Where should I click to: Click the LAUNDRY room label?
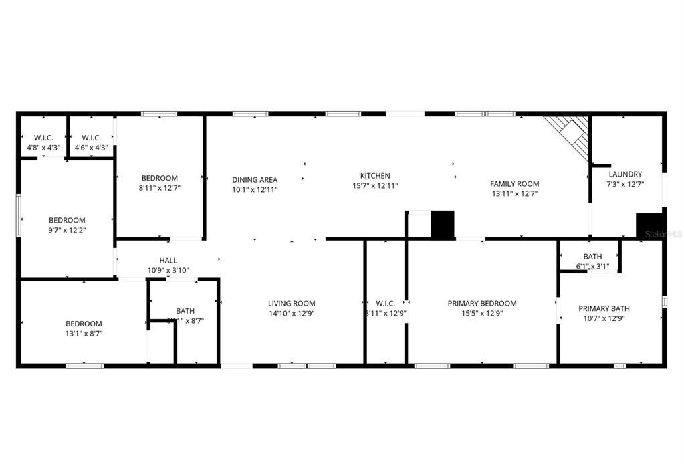pos(624,174)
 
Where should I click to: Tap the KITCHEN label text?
pos(375,176)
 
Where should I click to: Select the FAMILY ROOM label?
pos(514,184)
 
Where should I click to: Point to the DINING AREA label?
pos(255,180)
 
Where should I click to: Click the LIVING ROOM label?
pos(292,304)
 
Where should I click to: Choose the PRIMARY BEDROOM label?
pos(482,304)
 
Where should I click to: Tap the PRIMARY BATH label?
pos(604,309)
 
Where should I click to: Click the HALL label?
pos(168,261)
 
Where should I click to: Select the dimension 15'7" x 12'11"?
pos(375,186)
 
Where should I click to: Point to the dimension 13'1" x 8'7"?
pos(84,333)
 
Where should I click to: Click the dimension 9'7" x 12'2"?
pos(67,230)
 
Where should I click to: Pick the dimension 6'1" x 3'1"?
pos(592,267)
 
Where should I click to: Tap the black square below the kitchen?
pos(442,224)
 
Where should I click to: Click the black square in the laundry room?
pos(649,225)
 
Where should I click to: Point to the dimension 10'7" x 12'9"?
pos(604,318)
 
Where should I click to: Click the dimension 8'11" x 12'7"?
pos(160,188)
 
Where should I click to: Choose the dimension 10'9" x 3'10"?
pos(168,271)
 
